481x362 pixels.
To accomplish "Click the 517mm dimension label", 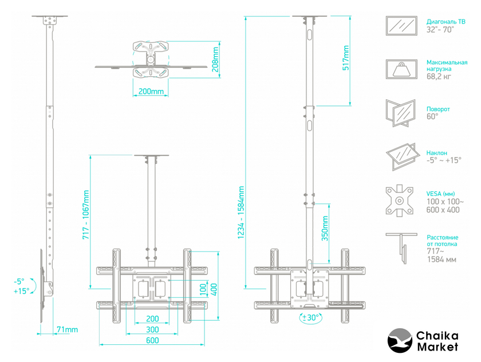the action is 346,58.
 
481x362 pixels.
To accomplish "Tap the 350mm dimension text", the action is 325,228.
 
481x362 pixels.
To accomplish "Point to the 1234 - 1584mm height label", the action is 241,213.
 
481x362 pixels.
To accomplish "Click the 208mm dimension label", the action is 215,60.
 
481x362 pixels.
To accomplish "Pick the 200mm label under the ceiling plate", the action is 151,91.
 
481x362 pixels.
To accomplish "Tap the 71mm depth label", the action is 67,329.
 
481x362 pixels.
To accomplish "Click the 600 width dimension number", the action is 152,340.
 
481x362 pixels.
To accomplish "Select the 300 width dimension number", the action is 152,329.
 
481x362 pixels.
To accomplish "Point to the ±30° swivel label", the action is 311,317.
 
